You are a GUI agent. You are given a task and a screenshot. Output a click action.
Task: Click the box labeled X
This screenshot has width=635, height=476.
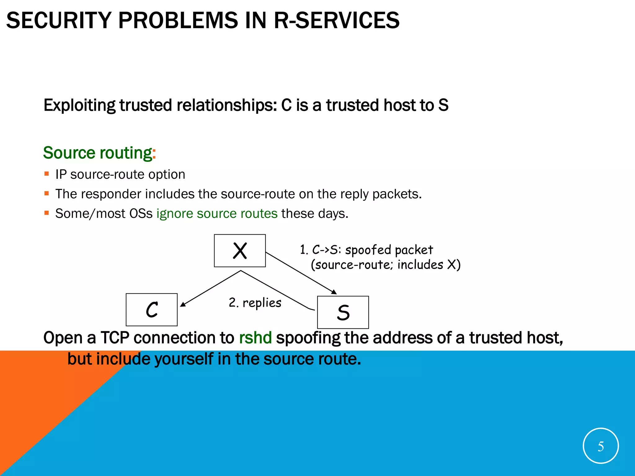pyautogui.click(x=240, y=250)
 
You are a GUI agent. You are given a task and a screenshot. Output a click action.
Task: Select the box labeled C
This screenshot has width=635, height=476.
pyautogui.click(x=152, y=310)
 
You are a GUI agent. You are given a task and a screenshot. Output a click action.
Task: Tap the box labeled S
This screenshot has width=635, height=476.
pyautogui.click(x=343, y=312)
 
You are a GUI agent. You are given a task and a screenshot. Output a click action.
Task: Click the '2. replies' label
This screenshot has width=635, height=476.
pyautogui.click(x=255, y=303)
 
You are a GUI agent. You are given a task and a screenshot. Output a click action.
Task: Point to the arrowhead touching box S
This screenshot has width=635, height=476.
pyautogui.click(x=334, y=292)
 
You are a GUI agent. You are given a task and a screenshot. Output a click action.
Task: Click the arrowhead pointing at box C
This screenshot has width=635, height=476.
pyautogui.click(x=183, y=304)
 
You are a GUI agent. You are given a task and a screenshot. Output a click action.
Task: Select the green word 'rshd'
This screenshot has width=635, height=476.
pyautogui.click(x=255, y=338)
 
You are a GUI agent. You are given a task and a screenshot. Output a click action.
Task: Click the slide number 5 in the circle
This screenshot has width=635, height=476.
pyautogui.click(x=601, y=446)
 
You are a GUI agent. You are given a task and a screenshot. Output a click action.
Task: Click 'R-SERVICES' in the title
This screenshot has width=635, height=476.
pyautogui.click(x=337, y=20)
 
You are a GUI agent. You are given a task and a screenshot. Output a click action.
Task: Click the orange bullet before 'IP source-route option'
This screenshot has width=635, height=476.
pyautogui.click(x=47, y=174)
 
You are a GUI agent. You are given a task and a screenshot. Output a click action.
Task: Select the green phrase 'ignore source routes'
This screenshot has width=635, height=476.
pyautogui.click(x=217, y=214)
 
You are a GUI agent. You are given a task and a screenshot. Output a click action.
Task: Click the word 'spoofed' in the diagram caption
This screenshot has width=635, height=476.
pyautogui.click(x=368, y=250)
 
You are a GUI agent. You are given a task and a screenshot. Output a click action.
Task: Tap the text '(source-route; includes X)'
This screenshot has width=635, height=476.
pyautogui.click(x=385, y=265)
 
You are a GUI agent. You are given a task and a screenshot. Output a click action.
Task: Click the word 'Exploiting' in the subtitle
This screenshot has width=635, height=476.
pyautogui.click(x=79, y=105)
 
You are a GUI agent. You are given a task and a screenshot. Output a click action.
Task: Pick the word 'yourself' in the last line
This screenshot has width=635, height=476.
pyautogui.click(x=184, y=359)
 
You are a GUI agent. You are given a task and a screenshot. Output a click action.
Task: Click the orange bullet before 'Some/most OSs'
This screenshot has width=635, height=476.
pyautogui.click(x=47, y=213)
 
